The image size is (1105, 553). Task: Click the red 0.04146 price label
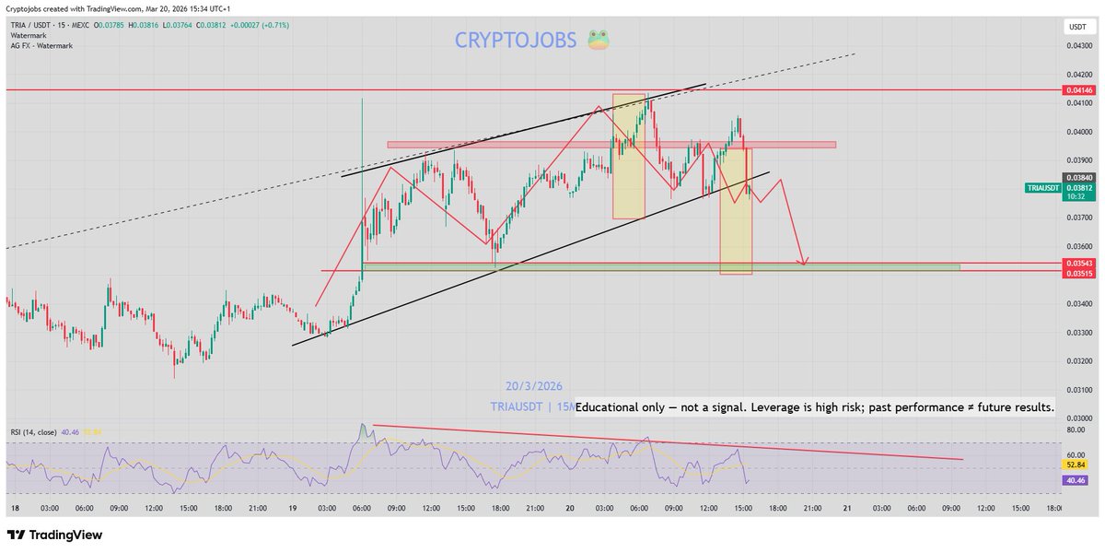click(x=1079, y=89)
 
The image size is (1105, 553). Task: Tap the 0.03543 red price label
click(x=1079, y=264)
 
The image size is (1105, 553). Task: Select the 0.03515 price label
click(x=1079, y=273)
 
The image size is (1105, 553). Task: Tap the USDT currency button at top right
click(x=1077, y=26)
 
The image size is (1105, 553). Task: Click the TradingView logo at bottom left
click(x=55, y=535)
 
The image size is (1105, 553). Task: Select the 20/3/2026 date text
click(x=534, y=386)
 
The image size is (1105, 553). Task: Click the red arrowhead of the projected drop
click(x=804, y=262)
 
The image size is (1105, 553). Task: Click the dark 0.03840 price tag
click(x=1079, y=177)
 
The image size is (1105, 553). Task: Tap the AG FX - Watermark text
click(x=41, y=43)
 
